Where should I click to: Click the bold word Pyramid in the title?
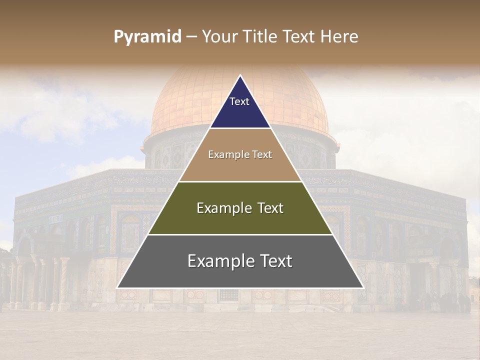tap(147, 36)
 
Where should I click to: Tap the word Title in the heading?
tap(260, 36)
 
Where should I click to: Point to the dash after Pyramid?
tap(191, 37)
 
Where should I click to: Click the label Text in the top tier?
tap(239, 101)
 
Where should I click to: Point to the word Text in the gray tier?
tap(274, 260)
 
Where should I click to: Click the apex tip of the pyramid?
tap(240, 76)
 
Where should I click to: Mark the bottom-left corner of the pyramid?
tap(118, 287)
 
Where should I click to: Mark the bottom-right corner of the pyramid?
tap(362, 287)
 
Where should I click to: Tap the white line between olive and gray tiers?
tap(240, 234)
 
